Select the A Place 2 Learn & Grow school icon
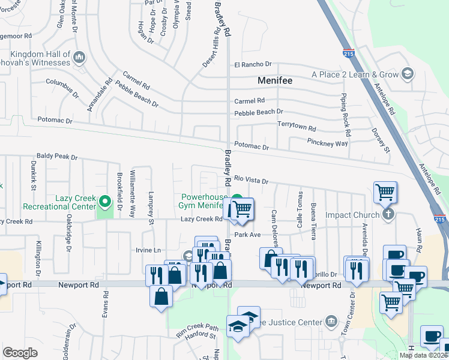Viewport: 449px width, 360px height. [x=408, y=74]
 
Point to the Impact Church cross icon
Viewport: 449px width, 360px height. [x=388, y=214]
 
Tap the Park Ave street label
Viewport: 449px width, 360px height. [x=247, y=235]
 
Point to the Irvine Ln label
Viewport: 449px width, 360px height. [x=149, y=250]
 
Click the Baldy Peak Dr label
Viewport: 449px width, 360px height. [x=57, y=157]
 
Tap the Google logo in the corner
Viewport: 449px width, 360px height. [x=20, y=353]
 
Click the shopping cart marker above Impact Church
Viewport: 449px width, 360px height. [x=385, y=193]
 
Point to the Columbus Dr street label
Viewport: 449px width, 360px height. [x=62, y=88]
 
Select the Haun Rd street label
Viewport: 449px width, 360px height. [x=418, y=239]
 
